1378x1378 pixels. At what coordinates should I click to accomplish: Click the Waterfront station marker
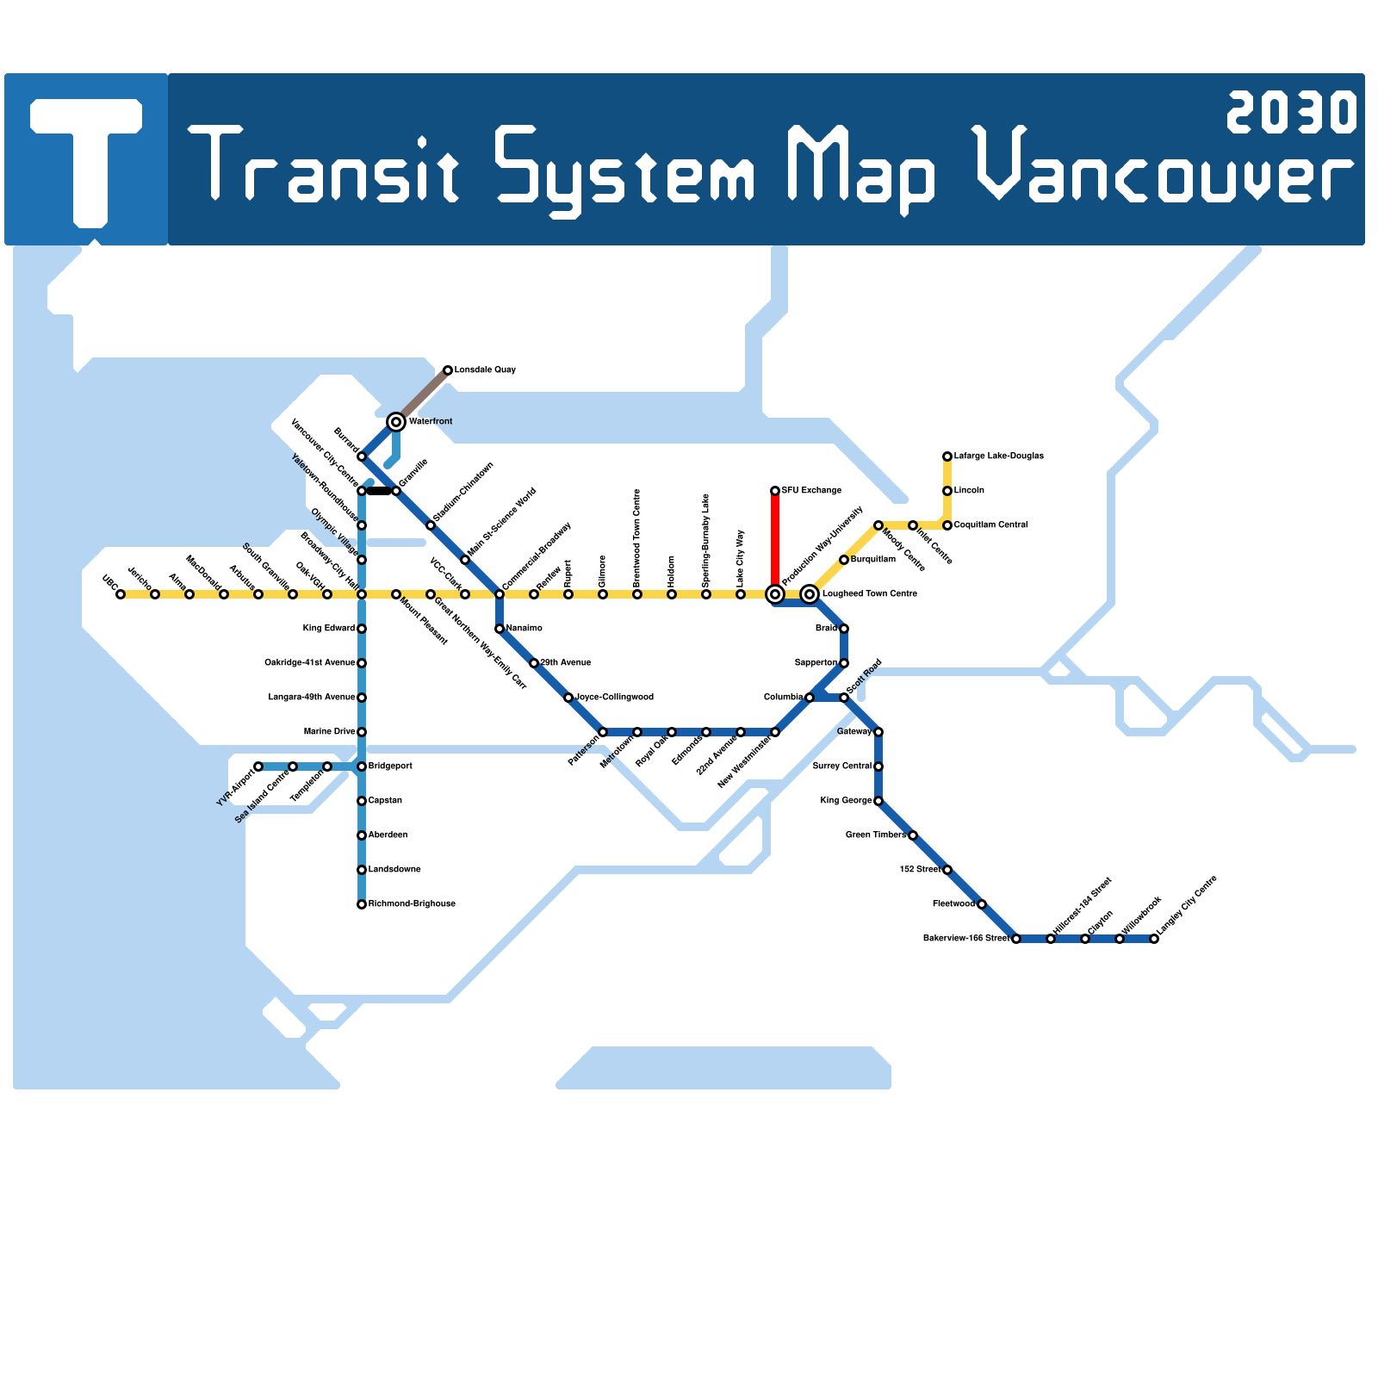coord(396,422)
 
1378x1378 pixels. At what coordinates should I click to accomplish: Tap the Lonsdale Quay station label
coord(485,370)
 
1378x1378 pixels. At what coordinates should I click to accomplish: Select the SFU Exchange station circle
coord(775,491)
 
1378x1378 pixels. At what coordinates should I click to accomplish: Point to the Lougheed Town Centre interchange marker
coord(810,594)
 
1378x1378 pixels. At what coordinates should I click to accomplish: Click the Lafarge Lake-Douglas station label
coord(998,456)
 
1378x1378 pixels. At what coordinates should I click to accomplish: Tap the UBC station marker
coord(121,594)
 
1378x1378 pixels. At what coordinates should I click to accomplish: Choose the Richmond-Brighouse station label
coord(412,904)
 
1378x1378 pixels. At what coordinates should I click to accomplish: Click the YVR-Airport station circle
coord(258,767)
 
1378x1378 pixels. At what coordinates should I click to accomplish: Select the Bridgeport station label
coord(390,767)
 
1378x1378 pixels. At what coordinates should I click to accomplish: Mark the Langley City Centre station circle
coord(1154,939)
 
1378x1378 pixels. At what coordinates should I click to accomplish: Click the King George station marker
coord(878,801)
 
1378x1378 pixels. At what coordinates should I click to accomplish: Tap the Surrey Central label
coord(841,767)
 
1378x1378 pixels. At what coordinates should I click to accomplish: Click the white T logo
coord(86,159)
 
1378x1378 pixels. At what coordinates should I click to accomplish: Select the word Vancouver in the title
coord(1163,168)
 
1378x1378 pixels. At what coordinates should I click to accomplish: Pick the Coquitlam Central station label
coord(990,525)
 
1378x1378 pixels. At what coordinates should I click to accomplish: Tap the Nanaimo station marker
coord(500,629)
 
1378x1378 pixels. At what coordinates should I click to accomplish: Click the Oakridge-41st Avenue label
coord(309,663)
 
